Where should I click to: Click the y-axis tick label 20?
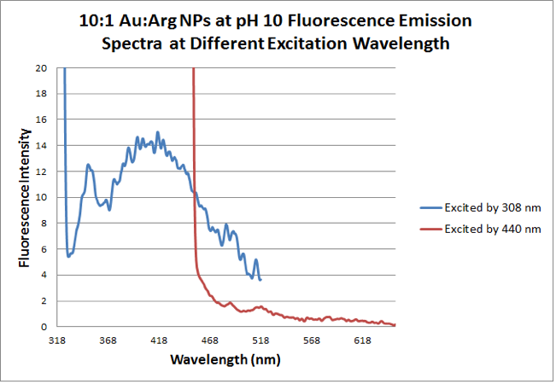point(41,68)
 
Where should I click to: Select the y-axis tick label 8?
point(44,224)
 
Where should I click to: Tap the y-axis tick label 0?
point(44,327)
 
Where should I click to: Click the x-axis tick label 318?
point(57,340)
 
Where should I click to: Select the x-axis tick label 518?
point(260,340)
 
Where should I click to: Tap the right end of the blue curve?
point(260,280)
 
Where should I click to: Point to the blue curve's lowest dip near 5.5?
point(69,256)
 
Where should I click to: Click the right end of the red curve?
point(395,325)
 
